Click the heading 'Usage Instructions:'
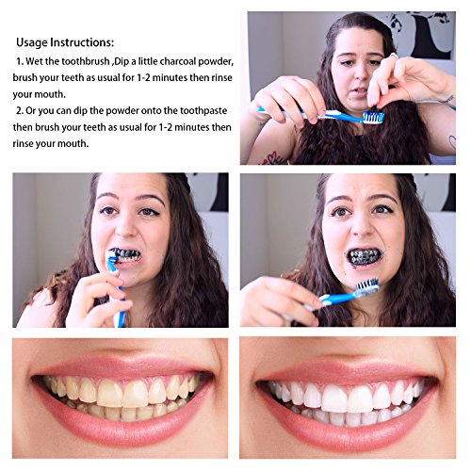[x=65, y=42]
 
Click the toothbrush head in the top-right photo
[x=372, y=118]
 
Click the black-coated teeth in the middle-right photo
[x=363, y=255]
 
